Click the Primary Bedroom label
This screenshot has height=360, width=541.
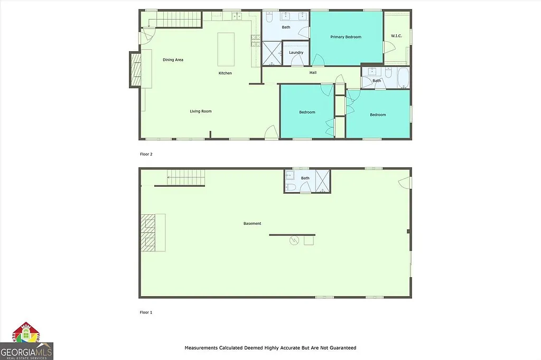[x=346, y=37]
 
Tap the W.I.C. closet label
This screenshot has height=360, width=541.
[x=397, y=36]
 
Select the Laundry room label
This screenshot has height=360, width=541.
[x=296, y=52]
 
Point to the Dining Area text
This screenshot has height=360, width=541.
[x=173, y=60]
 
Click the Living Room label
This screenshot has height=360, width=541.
[x=201, y=111]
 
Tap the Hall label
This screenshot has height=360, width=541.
[x=313, y=72]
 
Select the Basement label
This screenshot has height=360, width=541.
[x=252, y=223]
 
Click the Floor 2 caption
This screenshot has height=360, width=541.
[x=146, y=154]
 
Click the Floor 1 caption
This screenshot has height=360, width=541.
[x=146, y=312]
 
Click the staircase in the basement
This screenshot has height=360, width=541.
[x=185, y=177]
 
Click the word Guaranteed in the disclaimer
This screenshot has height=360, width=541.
[x=341, y=348]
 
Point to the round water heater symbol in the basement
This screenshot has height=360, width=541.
[x=294, y=241]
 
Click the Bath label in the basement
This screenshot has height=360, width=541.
[x=305, y=178]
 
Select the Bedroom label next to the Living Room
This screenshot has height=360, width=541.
[x=307, y=112]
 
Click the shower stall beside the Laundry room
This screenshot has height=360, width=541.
[x=273, y=53]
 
